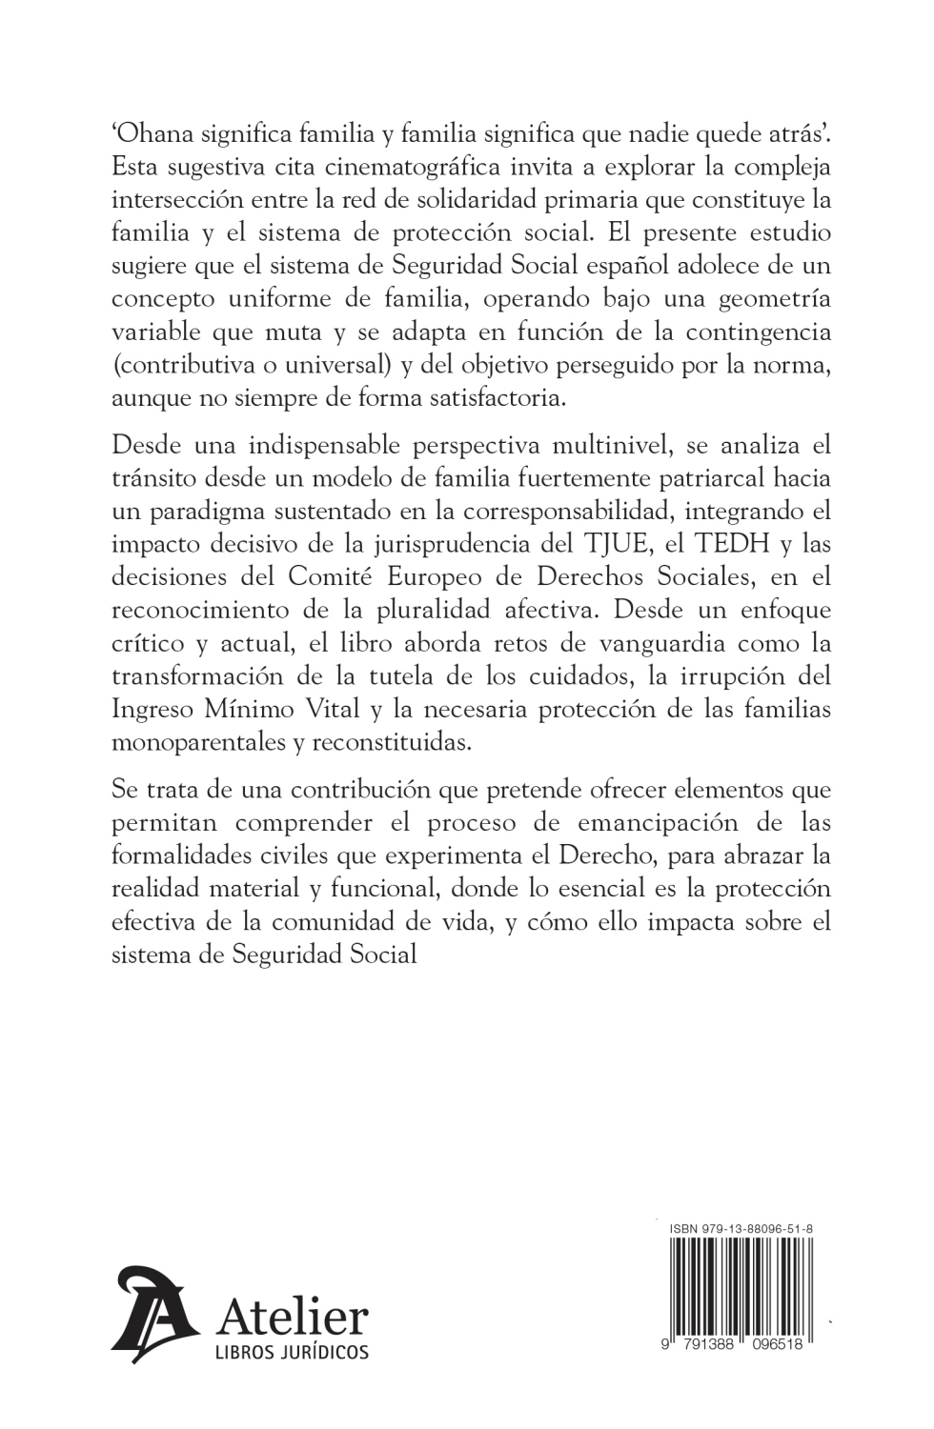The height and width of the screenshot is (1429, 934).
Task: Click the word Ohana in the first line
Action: point(156,134)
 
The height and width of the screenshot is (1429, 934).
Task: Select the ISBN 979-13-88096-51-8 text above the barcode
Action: point(741,1229)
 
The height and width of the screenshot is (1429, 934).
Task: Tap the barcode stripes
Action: point(741,1286)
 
